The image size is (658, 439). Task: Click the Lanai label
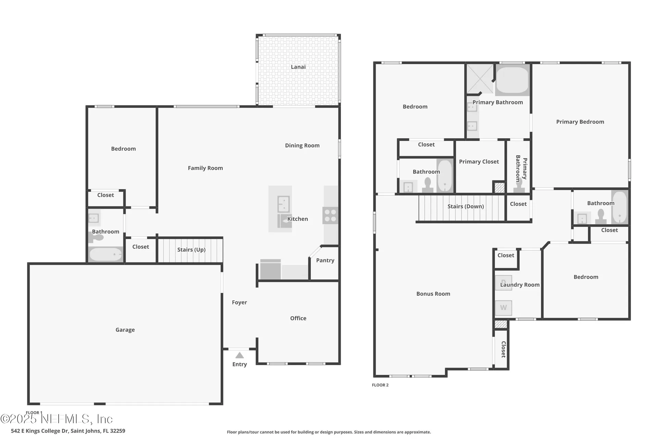point(298,67)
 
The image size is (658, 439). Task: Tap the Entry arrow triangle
point(240,355)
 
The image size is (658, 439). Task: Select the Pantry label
point(325,260)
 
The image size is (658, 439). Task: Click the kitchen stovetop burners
point(330,215)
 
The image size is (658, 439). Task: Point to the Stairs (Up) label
point(191,250)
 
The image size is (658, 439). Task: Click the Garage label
point(125,330)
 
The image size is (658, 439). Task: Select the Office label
point(298,318)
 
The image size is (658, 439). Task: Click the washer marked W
point(503,308)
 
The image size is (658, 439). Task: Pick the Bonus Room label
point(433,294)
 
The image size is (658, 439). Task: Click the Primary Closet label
point(479,162)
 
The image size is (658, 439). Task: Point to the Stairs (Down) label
point(465,206)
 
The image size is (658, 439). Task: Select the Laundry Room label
point(520,285)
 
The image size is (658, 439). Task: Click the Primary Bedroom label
point(580,122)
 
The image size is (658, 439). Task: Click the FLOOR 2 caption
point(380,385)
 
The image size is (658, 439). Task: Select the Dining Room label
point(302,145)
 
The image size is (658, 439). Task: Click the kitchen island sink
point(283,204)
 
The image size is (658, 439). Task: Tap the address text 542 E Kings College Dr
point(68,431)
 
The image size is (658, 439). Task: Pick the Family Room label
point(205,168)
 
